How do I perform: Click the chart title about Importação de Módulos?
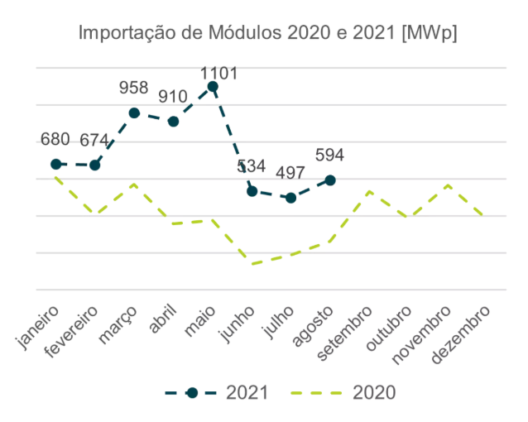[x=268, y=34]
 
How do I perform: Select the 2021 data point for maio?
[x=213, y=86]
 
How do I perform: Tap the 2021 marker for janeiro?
[x=55, y=164]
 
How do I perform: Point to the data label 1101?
[x=219, y=73]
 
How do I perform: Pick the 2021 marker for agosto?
[x=330, y=180]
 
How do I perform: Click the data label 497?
[x=290, y=172]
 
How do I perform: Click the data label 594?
[x=329, y=155]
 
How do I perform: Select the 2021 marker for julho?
[x=290, y=197]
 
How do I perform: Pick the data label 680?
[x=55, y=139]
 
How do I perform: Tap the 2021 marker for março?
[x=134, y=113]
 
